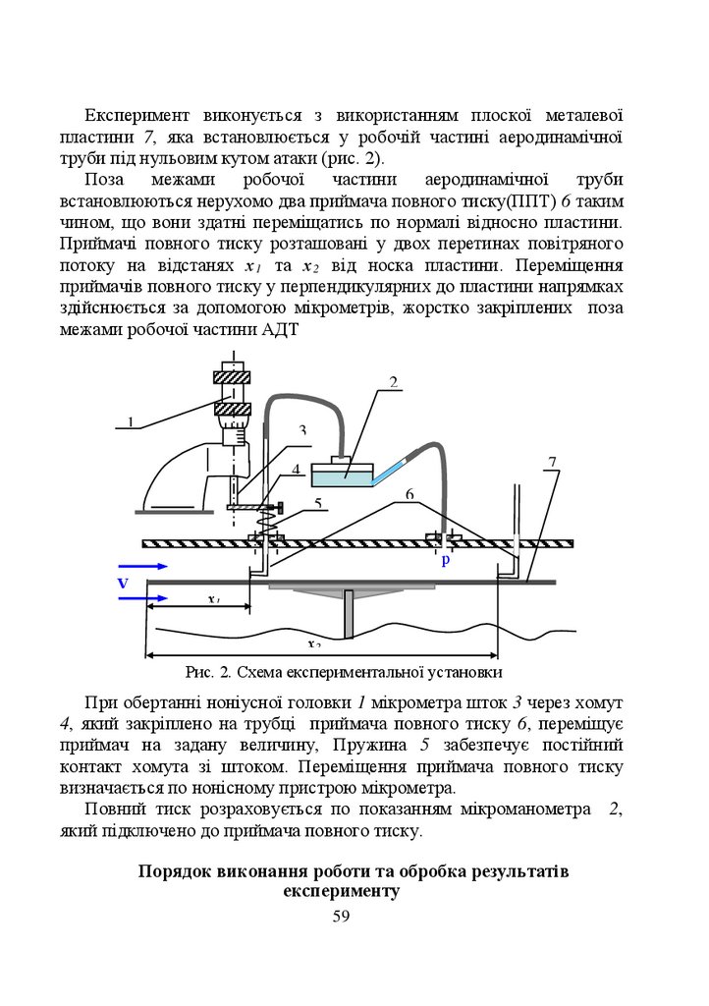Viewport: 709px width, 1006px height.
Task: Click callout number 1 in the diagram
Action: coord(130,423)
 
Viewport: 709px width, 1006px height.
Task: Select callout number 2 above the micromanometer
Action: coord(392,382)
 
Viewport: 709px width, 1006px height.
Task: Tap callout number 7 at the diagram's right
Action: coord(553,462)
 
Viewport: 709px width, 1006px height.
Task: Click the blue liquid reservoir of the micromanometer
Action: coord(342,476)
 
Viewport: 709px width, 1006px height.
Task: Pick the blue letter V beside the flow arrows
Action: coord(123,583)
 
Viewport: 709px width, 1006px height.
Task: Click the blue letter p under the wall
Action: coord(445,560)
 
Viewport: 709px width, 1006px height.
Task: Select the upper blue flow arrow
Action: coord(142,567)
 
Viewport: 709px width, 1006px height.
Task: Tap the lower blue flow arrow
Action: coord(142,597)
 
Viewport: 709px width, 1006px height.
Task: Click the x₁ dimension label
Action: coord(214,599)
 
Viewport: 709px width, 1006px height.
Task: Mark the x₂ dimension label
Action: coord(314,644)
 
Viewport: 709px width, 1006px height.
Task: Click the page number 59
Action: coord(342,916)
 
